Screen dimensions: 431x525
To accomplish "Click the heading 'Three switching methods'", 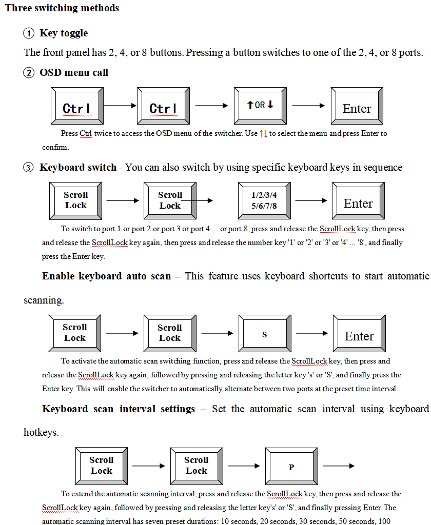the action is (x=62, y=8).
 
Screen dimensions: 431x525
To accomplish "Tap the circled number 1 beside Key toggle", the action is (x=29, y=33).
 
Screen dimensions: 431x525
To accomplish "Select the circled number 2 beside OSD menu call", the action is (x=29, y=73).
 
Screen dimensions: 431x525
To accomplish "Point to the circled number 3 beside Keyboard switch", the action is (x=29, y=168).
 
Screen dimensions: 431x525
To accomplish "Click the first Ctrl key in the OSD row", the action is (x=77, y=106).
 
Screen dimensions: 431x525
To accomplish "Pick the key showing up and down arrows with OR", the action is (x=261, y=106).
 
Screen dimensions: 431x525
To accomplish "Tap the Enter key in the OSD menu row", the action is (x=357, y=106).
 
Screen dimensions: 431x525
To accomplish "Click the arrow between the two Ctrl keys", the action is (x=120, y=106).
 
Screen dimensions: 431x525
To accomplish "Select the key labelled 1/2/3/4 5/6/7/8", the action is (x=264, y=201).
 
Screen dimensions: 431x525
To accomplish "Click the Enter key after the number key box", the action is (x=358, y=201).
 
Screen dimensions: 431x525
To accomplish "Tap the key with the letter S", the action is (x=265, y=333).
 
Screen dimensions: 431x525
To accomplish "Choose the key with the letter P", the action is (x=291, y=466).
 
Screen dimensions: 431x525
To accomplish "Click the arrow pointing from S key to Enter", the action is (x=312, y=333).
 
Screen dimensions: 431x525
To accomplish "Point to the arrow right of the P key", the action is (x=339, y=466).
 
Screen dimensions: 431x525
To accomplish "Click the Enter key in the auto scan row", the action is (x=359, y=333).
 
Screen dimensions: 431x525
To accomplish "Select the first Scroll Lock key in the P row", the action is (x=102, y=466).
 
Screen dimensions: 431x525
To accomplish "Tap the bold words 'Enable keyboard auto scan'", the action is (x=107, y=276).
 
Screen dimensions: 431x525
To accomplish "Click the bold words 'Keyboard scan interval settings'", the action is (x=119, y=409).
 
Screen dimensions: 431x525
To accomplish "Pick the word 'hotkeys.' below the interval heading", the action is (x=41, y=433).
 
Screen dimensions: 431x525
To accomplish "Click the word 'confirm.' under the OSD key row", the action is (x=55, y=147).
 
